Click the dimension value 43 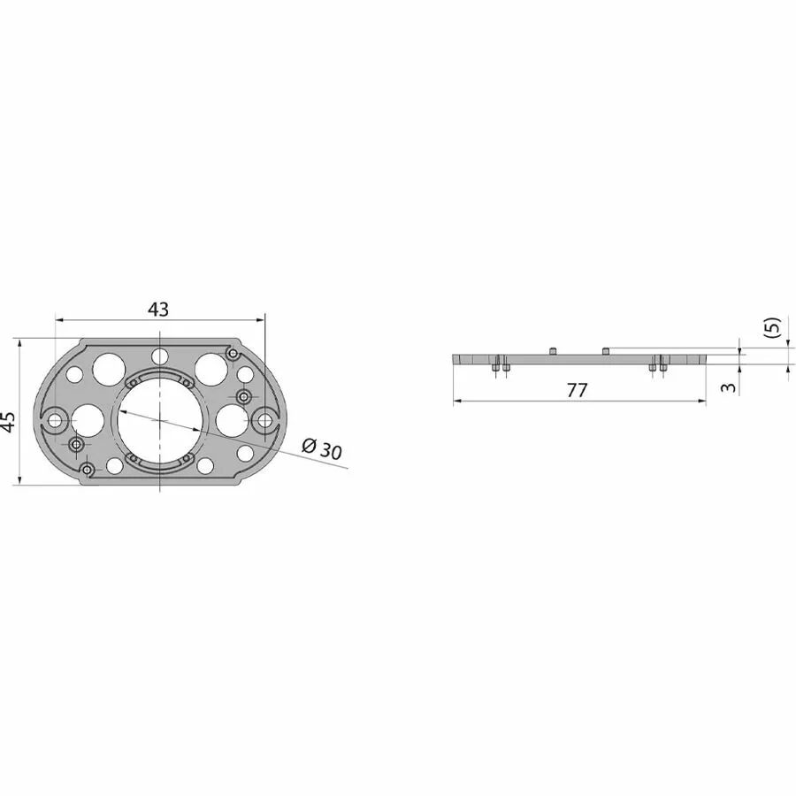point(158,310)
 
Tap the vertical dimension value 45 point(8,421)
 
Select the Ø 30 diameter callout point(322,448)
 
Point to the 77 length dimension point(577,390)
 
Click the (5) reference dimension point(771,327)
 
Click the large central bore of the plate point(160,420)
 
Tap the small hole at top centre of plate point(160,356)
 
